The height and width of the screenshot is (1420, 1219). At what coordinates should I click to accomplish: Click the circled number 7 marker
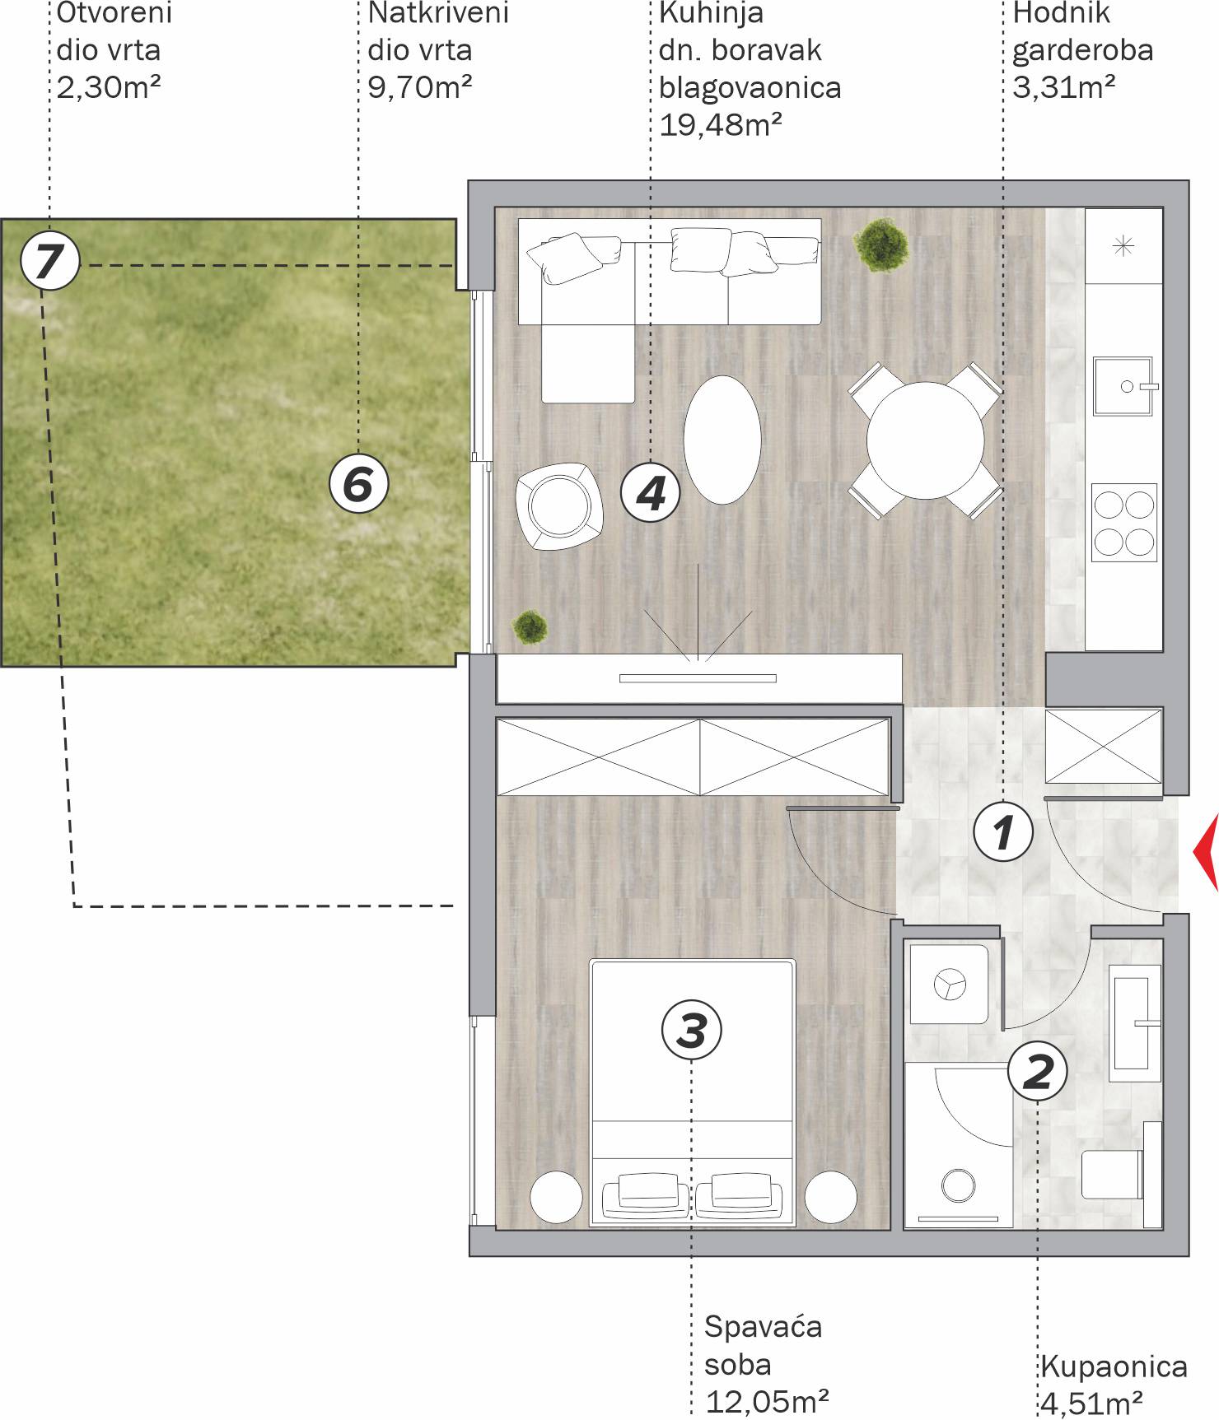49,262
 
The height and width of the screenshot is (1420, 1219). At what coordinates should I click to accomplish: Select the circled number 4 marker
650,494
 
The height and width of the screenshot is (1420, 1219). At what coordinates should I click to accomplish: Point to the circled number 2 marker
1037,1071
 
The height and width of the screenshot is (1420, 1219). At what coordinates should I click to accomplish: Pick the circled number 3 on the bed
691,1030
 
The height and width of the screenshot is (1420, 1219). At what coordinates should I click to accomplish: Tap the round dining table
925,440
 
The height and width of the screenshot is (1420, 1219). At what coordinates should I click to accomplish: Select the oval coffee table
722,440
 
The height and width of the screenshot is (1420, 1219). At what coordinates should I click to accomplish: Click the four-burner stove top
1124,523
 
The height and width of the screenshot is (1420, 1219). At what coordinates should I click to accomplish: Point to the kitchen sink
1123,386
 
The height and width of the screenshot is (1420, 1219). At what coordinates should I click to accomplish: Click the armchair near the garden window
559,506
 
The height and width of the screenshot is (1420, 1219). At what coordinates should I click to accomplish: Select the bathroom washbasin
1134,1023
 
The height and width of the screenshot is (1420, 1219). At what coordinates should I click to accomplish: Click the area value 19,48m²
721,125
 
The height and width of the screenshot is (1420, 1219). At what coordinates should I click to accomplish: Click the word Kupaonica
1114,1366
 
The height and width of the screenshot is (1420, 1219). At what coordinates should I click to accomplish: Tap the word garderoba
1082,51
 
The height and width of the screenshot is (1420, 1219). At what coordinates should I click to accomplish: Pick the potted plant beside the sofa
881,244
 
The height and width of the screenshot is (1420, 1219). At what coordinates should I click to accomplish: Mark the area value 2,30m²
109,87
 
